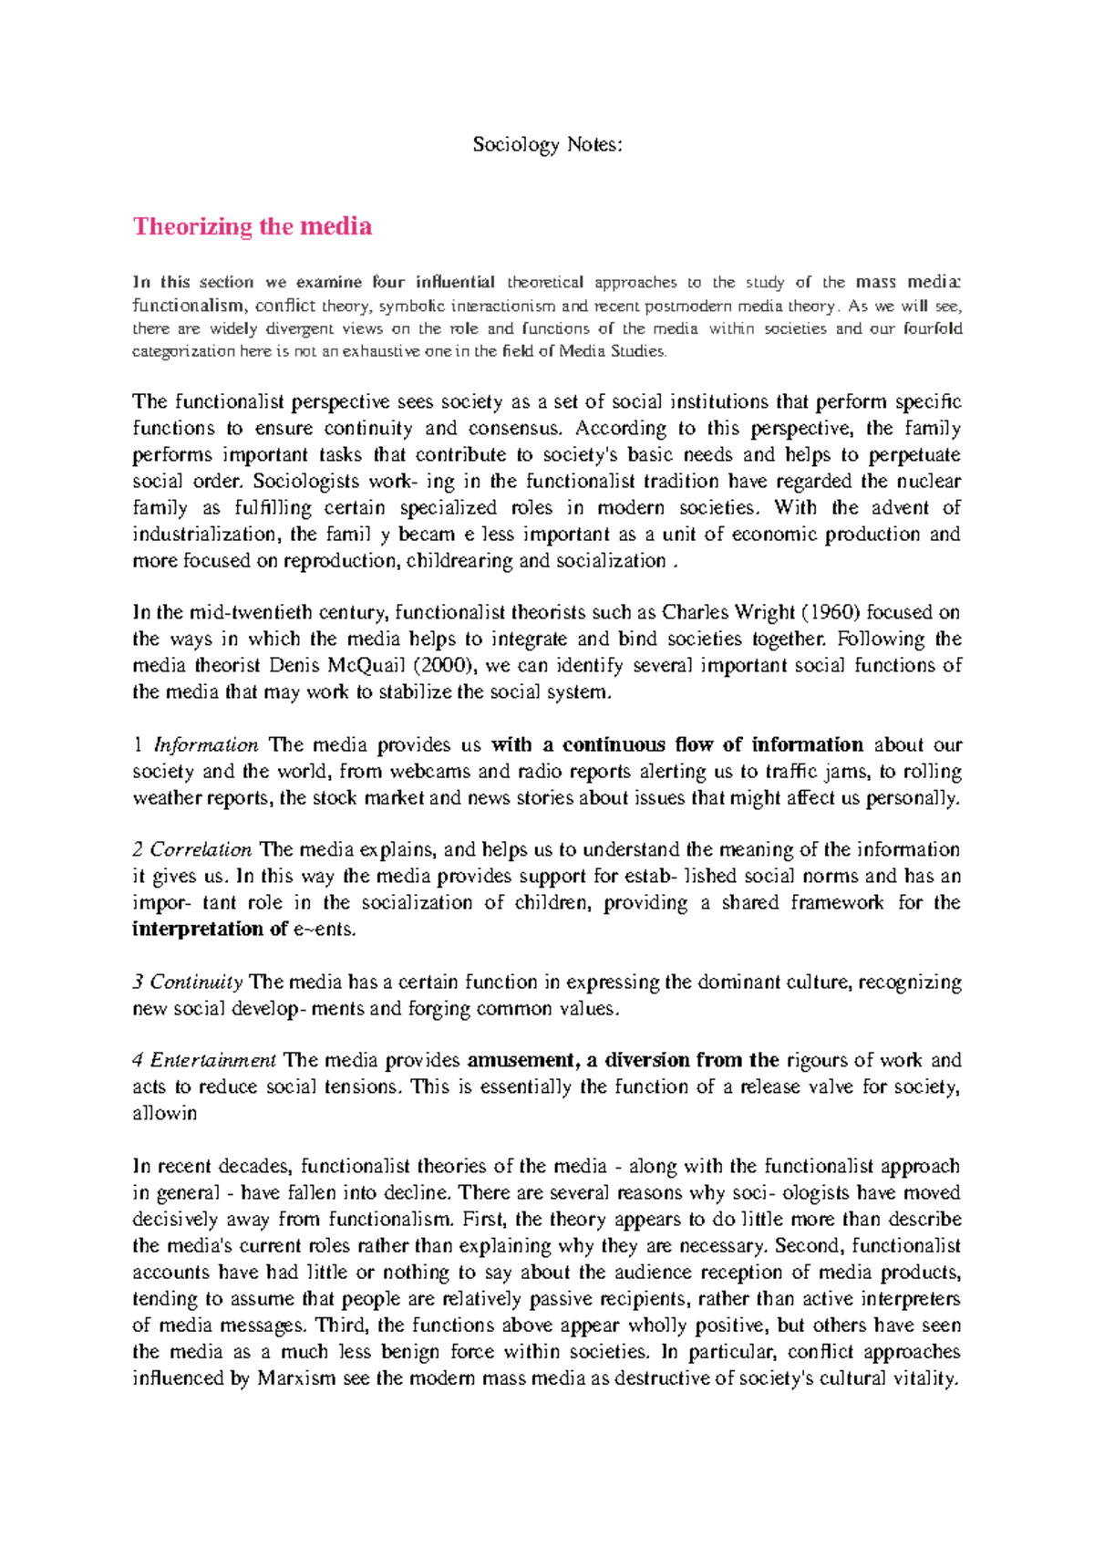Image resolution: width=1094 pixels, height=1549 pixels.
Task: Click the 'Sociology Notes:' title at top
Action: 547,144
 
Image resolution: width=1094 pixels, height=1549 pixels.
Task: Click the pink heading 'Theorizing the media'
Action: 253,226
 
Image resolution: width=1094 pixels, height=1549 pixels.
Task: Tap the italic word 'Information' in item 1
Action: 205,744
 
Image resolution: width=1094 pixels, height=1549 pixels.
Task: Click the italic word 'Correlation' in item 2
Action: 201,849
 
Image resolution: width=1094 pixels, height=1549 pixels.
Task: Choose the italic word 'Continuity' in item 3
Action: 196,982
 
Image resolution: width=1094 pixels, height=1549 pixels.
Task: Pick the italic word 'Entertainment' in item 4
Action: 212,1060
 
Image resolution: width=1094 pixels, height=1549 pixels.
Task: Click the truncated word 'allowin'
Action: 164,1113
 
